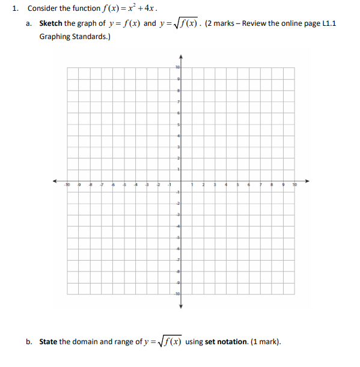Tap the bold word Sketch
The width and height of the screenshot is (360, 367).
tap(50, 23)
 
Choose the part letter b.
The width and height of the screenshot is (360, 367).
tap(28, 342)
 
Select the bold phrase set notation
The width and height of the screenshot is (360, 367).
tap(226, 342)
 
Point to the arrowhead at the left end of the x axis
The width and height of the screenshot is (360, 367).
tap(53, 181)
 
